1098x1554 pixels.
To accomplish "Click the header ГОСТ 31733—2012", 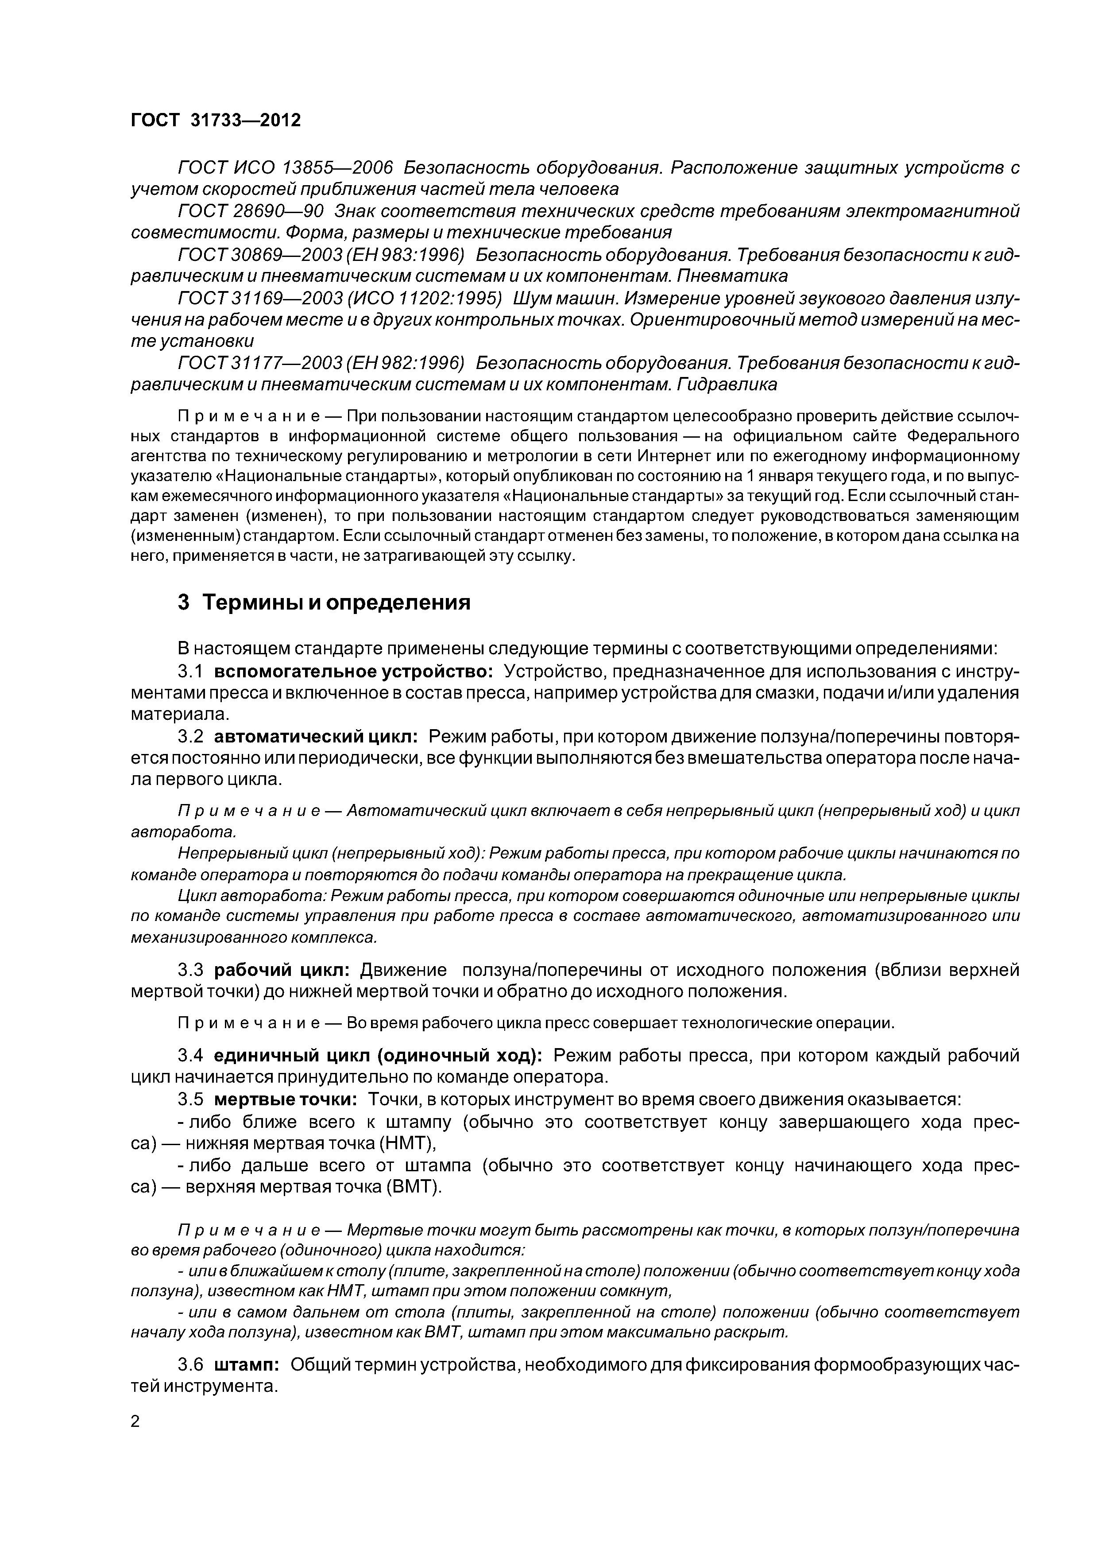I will (x=215, y=120).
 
